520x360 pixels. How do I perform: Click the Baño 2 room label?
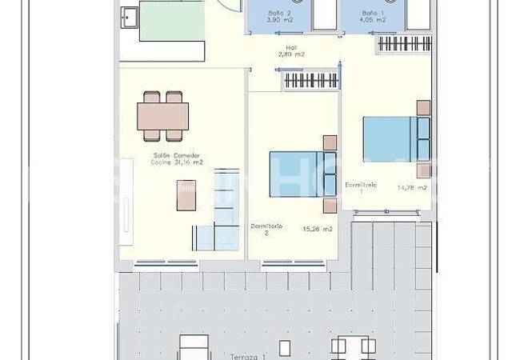279,14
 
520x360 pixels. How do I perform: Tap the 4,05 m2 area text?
374,21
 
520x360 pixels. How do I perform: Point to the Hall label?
292,47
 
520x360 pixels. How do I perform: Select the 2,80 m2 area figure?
292,54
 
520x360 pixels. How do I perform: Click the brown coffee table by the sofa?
186,194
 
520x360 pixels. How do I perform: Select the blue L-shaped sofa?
221,216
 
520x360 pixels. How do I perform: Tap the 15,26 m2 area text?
317,229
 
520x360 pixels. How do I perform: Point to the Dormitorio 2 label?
266,229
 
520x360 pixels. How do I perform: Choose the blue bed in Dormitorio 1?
392,139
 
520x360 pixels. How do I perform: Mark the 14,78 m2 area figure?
412,188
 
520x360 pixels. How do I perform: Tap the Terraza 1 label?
246,356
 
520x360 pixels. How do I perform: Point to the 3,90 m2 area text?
279,21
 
